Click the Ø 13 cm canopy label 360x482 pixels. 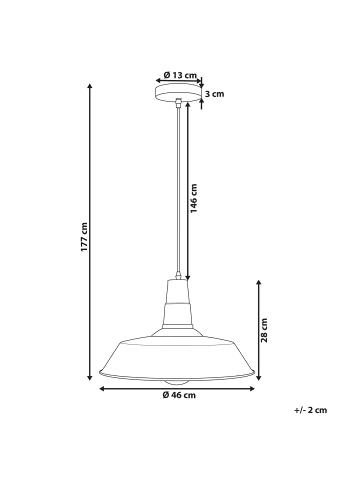(179, 75)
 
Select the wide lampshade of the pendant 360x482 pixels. (180, 360)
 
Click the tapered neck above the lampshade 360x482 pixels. (180, 300)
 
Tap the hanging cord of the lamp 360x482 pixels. (180, 190)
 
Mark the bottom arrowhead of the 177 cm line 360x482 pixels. (91, 385)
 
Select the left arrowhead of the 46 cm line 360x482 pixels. (102, 393)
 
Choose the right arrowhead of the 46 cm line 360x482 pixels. (258, 393)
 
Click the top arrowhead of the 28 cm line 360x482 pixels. (259, 280)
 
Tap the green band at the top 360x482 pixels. (180, 30)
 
